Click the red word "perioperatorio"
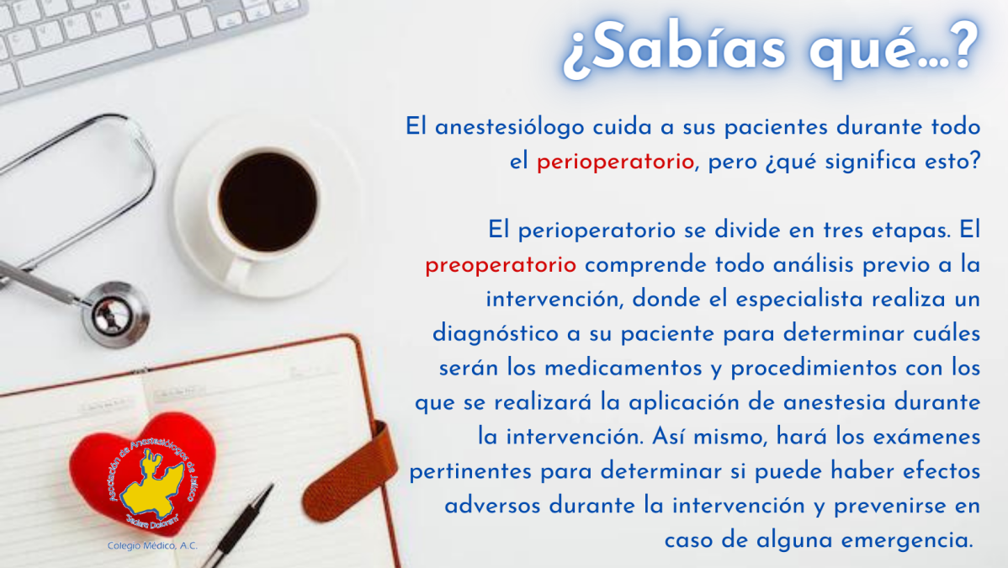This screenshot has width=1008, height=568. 615,162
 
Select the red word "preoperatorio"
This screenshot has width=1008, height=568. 501,266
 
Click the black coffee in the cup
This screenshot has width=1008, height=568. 268,201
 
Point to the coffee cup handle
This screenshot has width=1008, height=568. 238,274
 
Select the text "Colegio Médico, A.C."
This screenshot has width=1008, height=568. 152,546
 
